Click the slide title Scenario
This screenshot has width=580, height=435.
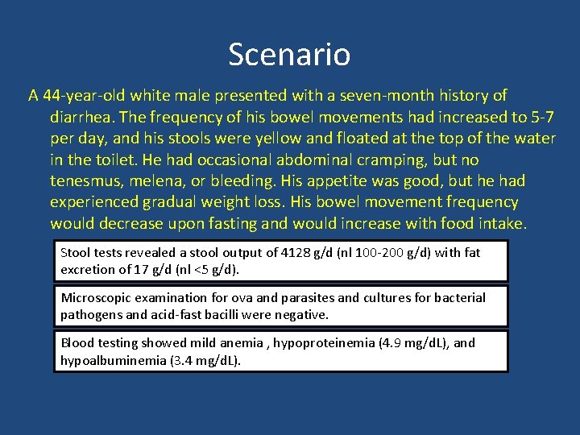click(x=289, y=55)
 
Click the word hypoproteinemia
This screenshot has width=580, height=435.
click(x=324, y=343)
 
